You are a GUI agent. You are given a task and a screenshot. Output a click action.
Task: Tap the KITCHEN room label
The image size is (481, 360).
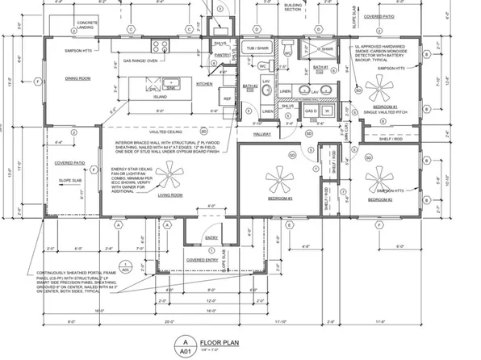(x=204, y=83)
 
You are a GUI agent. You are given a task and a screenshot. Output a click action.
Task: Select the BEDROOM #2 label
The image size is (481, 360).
(x=378, y=199)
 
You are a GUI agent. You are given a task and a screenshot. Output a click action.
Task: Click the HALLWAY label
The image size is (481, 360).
(x=262, y=134)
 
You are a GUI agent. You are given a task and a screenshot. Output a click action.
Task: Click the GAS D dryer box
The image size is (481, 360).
(x=308, y=110)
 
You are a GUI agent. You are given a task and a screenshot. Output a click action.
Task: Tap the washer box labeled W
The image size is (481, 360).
(x=328, y=110)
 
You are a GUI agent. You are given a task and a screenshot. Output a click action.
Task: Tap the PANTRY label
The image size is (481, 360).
(x=219, y=54)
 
